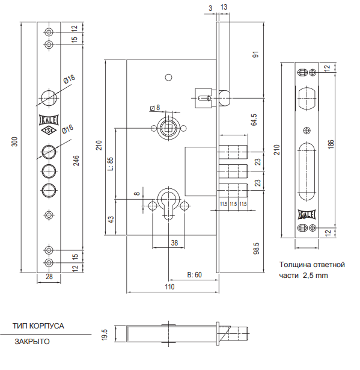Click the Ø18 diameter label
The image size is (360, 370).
[69, 79]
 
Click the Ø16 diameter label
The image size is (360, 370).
[68, 129]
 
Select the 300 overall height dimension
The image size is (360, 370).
[14, 141]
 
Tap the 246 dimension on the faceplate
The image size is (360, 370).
[76, 161]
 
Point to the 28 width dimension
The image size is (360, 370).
[49, 277]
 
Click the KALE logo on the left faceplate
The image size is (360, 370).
[49, 120]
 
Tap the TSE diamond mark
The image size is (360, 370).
[49, 131]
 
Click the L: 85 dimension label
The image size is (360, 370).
[111, 164]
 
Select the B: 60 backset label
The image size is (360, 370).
[195, 275]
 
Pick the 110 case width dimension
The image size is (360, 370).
[169, 287]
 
